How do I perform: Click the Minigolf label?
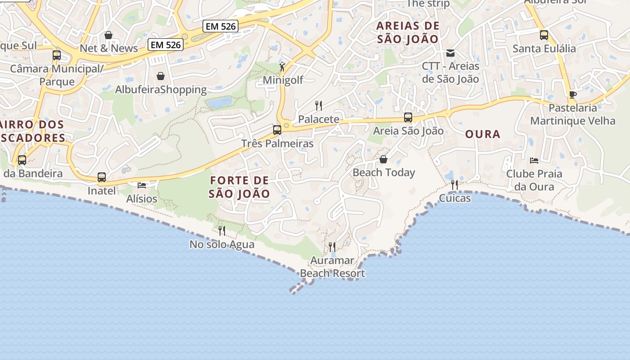[x=283, y=80]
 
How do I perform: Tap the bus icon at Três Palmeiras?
[x=277, y=130]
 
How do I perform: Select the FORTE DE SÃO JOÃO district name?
[x=239, y=187]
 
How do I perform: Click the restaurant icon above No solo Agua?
[x=222, y=231]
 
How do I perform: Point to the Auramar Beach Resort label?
[x=333, y=267]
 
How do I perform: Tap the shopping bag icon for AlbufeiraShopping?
[x=161, y=76]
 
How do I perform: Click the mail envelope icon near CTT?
[x=450, y=53]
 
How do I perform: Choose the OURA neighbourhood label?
[x=483, y=134]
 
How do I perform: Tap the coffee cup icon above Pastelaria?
[x=572, y=94]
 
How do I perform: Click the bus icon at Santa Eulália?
[x=544, y=35]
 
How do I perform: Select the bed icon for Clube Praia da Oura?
[x=534, y=160]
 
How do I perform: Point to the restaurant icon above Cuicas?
[x=454, y=185]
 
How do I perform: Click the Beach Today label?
[x=384, y=172]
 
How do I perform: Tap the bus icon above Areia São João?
[x=408, y=117]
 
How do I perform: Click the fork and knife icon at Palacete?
[x=319, y=106]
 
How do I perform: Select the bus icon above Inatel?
[x=102, y=177]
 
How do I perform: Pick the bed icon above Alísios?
[x=142, y=185]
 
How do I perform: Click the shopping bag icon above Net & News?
[x=108, y=35]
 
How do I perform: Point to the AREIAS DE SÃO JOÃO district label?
[x=408, y=32]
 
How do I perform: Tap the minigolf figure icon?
[x=282, y=67]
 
